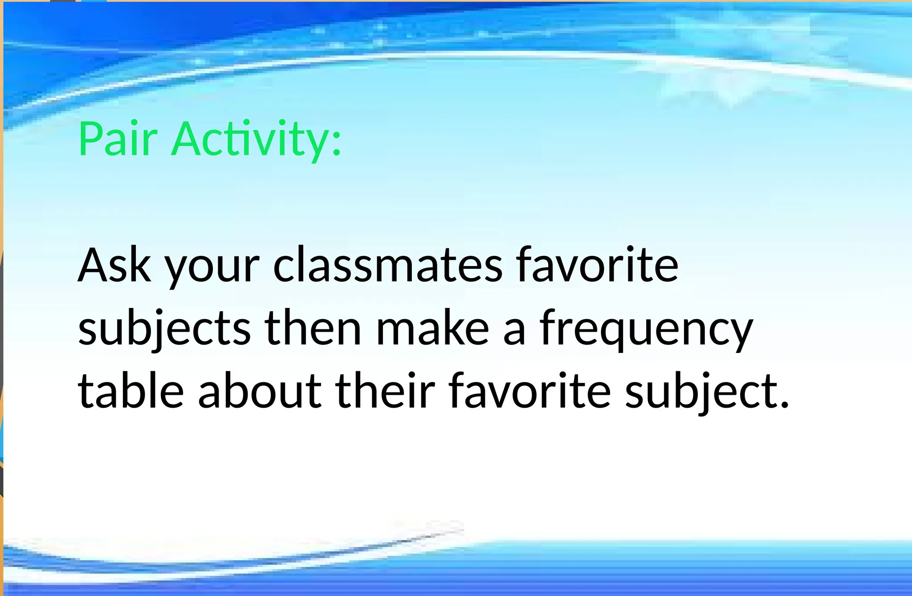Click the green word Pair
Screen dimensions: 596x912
tap(118, 139)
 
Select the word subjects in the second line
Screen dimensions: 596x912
tap(164, 329)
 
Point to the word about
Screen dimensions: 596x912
tap(260, 391)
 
